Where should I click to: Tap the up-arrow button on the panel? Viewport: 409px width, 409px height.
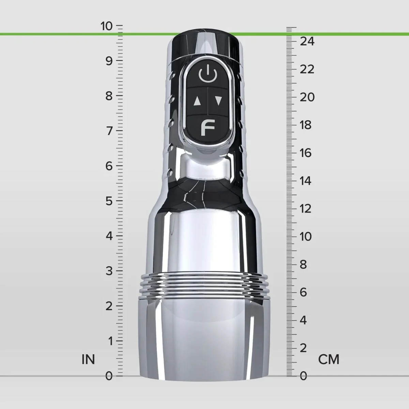[x=197, y=101]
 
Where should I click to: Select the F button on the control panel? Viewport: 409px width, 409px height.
[x=208, y=127]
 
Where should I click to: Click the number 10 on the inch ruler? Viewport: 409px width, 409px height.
[x=107, y=26]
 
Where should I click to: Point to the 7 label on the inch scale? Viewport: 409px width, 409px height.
[x=109, y=131]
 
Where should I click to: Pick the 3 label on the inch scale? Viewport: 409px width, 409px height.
[x=109, y=271]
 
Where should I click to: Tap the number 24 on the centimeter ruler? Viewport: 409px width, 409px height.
[x=307, y=41]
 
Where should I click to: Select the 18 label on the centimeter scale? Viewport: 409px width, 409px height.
[x=306, y=125]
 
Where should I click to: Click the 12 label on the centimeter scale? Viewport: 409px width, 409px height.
[x=306, y=209]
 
